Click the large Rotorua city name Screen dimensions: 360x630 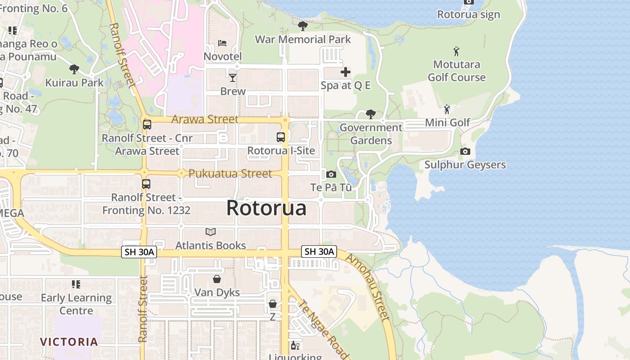(266, 208)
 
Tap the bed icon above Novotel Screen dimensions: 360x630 (222, 43)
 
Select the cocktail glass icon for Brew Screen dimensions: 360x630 (232, 78)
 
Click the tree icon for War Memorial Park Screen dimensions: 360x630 (303, 26)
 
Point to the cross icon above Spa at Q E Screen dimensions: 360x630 (346, 72)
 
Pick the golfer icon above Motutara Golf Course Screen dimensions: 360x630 (457, 51)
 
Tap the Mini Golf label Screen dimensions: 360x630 (447, 122)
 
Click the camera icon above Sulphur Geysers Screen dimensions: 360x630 (465, 152)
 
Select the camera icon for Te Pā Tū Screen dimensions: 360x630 (331, 174)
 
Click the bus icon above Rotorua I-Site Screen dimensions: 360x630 (281, 137)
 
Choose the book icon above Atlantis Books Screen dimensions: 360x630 (211, 232)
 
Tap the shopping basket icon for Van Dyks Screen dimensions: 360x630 (217, 279)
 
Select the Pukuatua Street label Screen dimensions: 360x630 (230, 174)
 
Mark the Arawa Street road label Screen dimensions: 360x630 (205, 119)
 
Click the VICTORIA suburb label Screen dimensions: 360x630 (69, 342)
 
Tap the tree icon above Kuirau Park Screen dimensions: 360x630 (74, 69)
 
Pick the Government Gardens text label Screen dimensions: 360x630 (371, 134)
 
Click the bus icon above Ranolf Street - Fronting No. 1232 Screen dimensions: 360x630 (146, 184)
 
